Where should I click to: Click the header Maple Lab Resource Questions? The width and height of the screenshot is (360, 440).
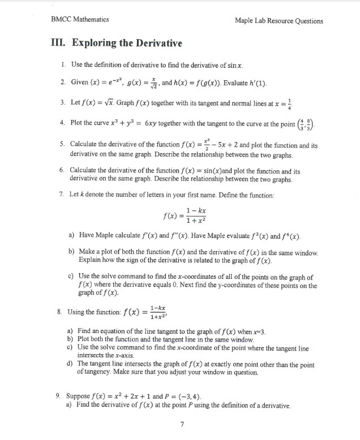(x=278, y=21)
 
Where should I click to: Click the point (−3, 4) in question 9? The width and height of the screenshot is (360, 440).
(x=187, y=396)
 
